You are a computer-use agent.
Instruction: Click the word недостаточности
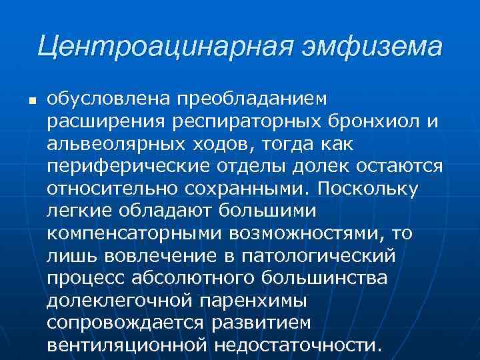click(x=298, y=345)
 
